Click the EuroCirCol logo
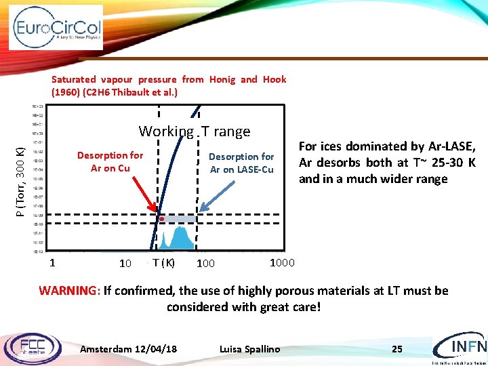(57, 28)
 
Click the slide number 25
(396, 349)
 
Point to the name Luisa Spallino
(249, 349)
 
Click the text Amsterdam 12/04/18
(129, 349)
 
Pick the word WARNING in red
(68, 291)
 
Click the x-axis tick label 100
(205, 263)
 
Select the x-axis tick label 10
(125, 263)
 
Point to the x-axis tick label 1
(52, 262)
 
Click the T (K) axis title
(163, 262)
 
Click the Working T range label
(195, 131)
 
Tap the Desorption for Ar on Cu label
(110, 161)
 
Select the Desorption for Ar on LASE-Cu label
(241, 163)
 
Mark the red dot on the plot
(162, 219)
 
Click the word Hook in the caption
(274, 79)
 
